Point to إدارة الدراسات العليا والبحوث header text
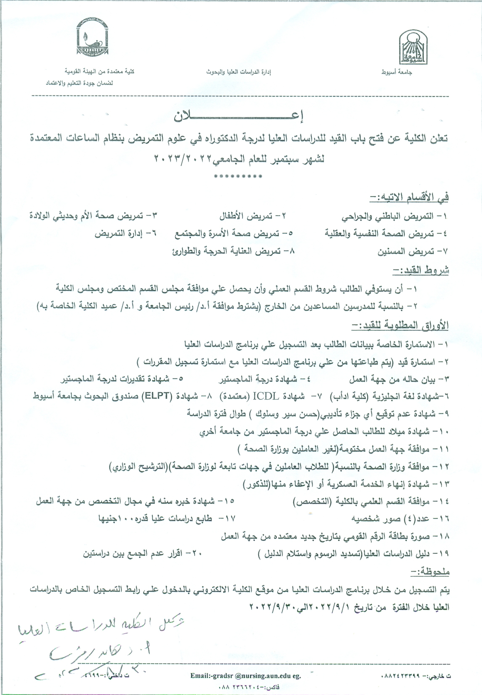click(239, 73)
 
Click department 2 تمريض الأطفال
click(252, 216)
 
